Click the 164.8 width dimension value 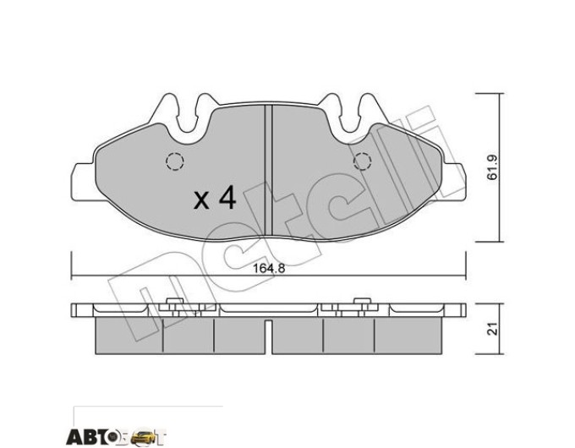pos(269,269)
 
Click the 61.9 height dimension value pos(492,167)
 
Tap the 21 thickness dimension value pos(493,329)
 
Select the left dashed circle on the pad pos(174,161)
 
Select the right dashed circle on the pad pos(362,161)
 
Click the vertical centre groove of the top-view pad pos(269,170)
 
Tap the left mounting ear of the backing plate pos(84,182)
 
